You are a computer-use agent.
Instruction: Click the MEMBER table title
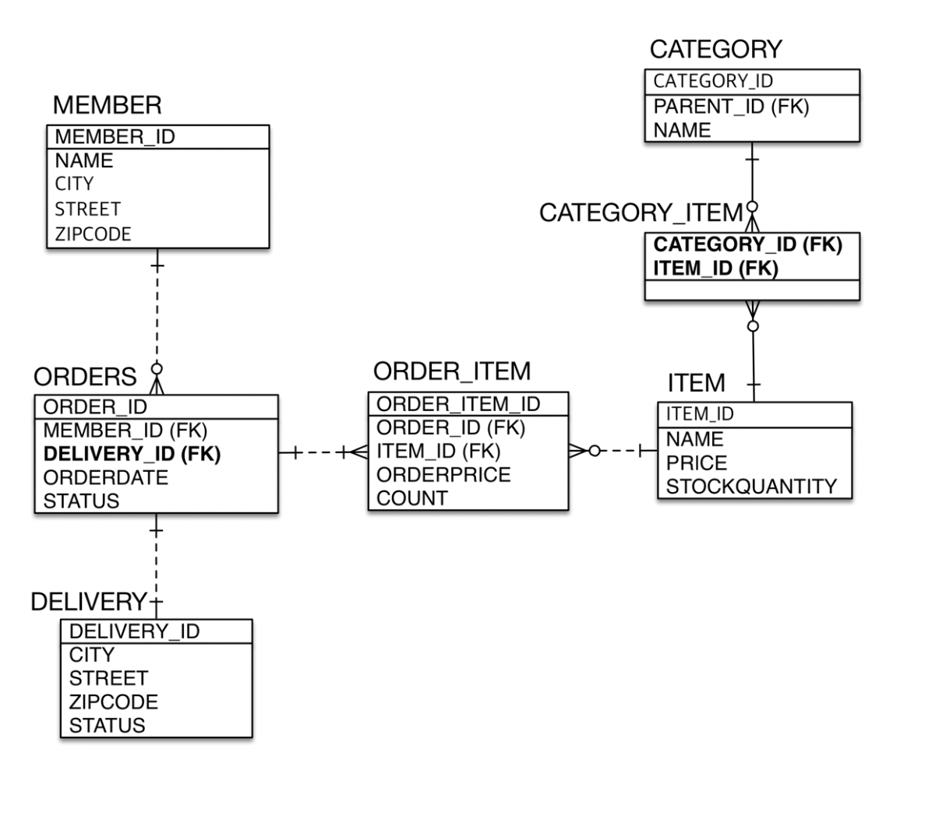[107, 105]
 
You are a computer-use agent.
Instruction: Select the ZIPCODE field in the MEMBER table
[93, 234]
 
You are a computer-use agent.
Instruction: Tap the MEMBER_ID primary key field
[115, 136]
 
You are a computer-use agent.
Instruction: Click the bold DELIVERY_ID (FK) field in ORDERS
[132, 454]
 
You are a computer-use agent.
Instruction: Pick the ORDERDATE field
[106, 477]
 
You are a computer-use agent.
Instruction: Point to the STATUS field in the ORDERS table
[81, 501]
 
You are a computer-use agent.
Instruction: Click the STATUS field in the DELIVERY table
[107, 726]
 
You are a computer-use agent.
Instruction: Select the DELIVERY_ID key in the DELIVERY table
[134, 631]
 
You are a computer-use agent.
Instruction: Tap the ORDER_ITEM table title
[452, 371]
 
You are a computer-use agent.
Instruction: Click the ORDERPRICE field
[443, 474]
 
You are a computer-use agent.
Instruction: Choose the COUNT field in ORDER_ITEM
[412, 498]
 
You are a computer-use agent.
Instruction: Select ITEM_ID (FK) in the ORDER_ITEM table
[439, 452]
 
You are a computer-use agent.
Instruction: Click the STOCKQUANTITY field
[751, 487]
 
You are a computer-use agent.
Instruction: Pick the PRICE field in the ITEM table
[696, 463]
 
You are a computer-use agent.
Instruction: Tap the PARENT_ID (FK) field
[731, 107]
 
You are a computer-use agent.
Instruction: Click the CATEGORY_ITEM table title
[641, 213]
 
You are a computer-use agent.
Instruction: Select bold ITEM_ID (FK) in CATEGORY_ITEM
[715, 269]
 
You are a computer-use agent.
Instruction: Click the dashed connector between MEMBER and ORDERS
[157, 315]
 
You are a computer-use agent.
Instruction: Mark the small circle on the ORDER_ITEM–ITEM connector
[595, 451]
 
